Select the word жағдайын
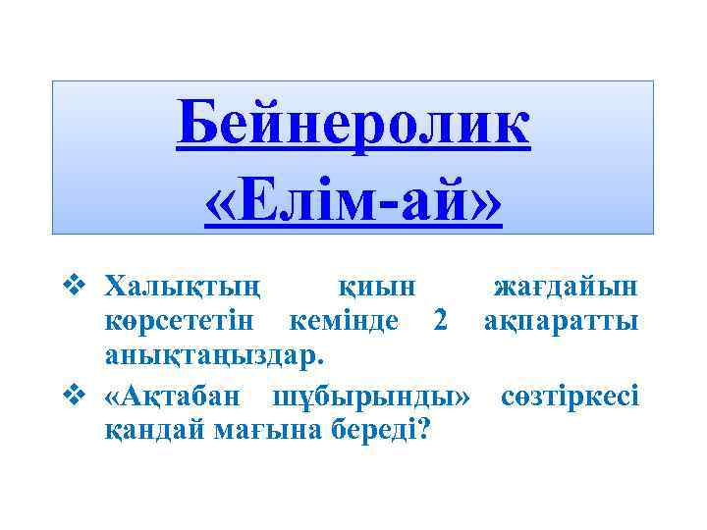(x=567, y=288)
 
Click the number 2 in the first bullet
(x=442, y=322)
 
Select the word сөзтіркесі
(x=571, y=397)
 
